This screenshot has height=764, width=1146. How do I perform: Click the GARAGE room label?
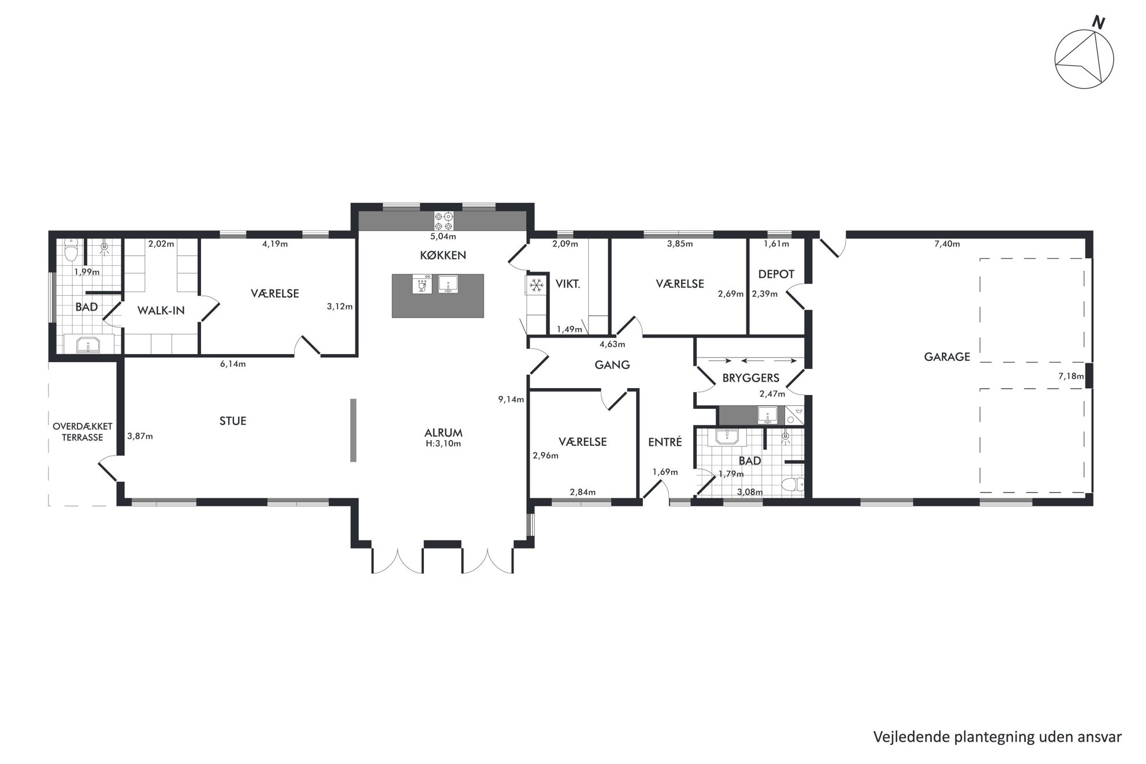tap(947, 357)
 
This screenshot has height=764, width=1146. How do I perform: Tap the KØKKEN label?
tap(443, 255)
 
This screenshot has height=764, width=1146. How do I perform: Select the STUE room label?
tap(233, 421)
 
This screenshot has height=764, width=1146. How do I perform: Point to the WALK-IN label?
tap(161, 311)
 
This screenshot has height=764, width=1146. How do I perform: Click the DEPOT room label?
tap(776, 274)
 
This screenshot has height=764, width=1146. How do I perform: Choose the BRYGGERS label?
tap(751, 378)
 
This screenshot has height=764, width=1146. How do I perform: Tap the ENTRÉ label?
tap(665, 442)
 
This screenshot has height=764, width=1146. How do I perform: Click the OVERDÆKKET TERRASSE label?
tap(83, 432)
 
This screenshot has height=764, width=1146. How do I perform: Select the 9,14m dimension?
tap(511, 399)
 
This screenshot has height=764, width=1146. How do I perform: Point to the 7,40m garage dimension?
tap(947, 244)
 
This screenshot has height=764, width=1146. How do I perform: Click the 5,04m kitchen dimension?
tap(443, 236)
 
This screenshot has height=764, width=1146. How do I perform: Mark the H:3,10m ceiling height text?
tap(443, 444)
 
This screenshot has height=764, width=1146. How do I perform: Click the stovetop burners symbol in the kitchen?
tap(444, 221)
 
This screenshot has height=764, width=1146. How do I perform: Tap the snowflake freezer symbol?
tap(537, 284)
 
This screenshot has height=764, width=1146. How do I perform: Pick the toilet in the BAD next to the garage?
tap(791, 485)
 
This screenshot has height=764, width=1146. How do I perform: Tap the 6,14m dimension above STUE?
tap(233, 364)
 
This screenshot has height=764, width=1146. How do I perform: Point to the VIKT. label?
tap(568, 284)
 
